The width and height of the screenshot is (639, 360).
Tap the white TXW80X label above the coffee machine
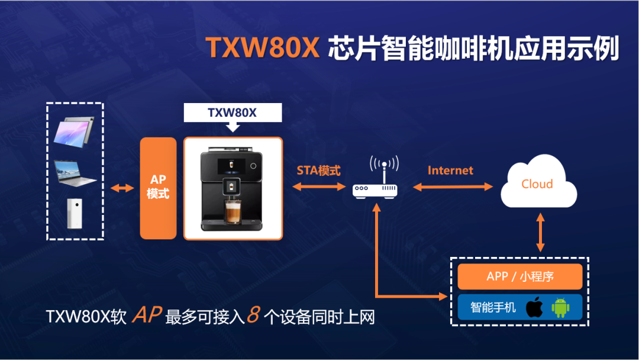pos(232,112)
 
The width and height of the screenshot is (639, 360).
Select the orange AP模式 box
pos(158,188)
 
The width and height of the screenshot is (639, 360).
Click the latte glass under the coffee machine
pos(231,212)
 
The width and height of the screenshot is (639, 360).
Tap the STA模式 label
pos(318,171)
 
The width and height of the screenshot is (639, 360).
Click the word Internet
pos(450,171)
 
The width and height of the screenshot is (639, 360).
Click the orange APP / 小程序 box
pos(519,277)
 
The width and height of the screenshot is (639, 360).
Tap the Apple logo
pos(534,307)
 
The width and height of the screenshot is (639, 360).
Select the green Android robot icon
pos(560,307)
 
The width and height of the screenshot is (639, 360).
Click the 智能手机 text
pos(493,307)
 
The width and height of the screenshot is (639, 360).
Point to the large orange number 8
pos(253,314)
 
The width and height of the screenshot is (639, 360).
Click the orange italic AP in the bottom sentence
pos(147,314)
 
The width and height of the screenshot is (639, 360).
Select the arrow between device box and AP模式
pos(121,188)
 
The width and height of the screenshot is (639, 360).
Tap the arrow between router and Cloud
pos(453,187)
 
